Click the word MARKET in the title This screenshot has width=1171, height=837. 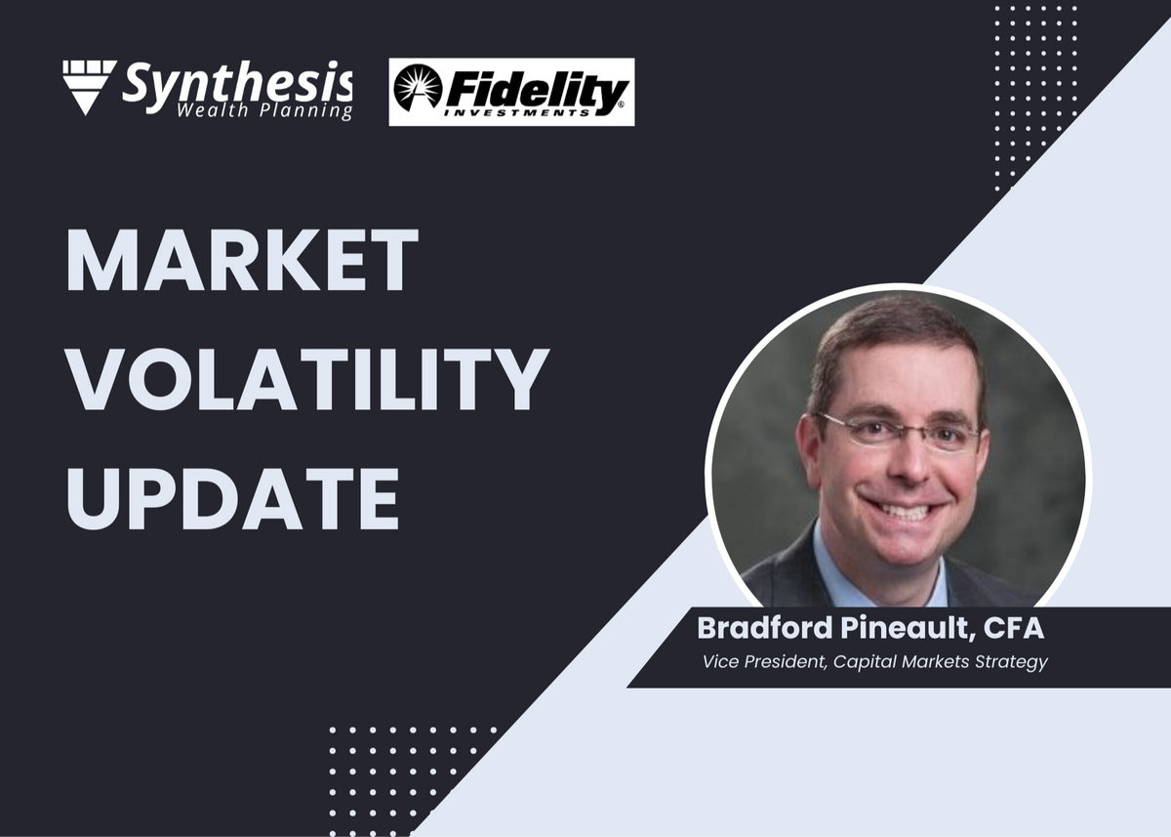pyautogui.click(x=242, y=260)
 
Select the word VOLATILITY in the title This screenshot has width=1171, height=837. pyautogui.click(x=307, y=378)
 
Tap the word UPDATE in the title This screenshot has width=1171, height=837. pyautogui.click(x=232, y=497)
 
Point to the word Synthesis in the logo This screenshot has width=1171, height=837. pyautogui.click(x=237, y=83)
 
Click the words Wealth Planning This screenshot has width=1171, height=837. pyautogui.click(x=264, y=111)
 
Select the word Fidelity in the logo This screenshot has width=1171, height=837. pyautogui.click(x=536, y=94)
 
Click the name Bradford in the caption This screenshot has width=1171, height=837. pyautogui.click(x=765, y=628)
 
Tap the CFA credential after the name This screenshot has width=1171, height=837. pyautogui.click(x=1014, y=628)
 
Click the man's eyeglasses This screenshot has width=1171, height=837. pyautogui.click(x=898, y=432)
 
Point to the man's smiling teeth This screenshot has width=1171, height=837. pyautogui.click(x=905, y=510)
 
